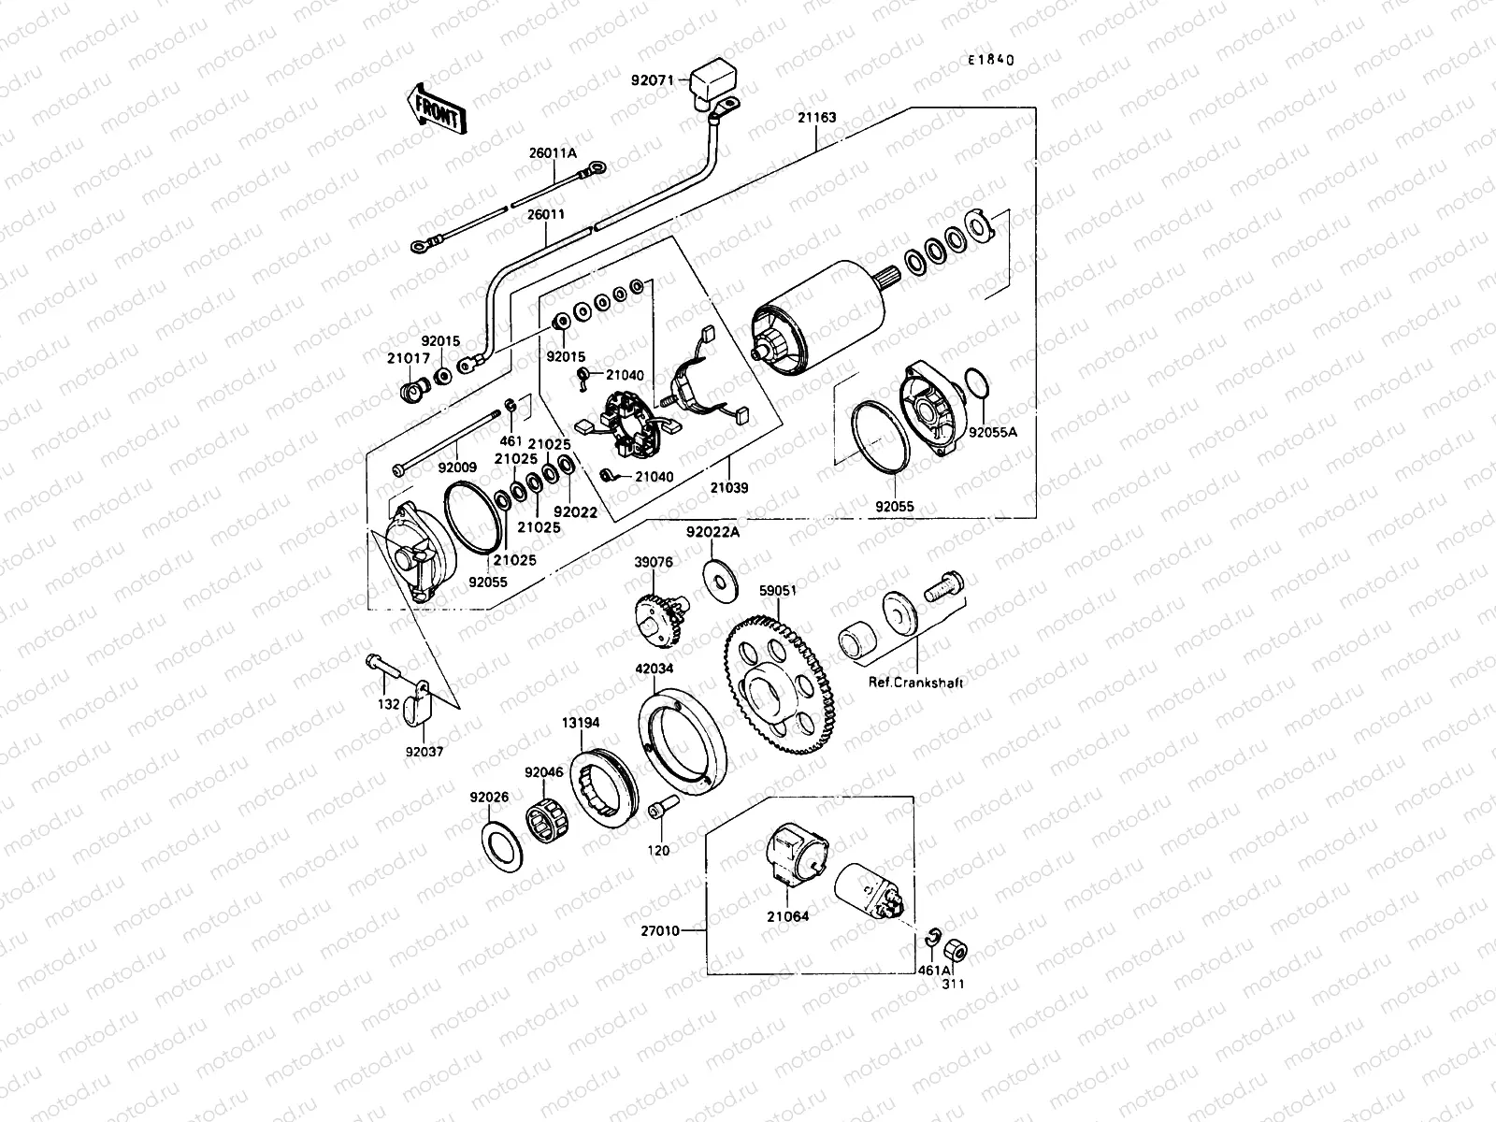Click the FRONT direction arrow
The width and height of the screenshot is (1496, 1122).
tap(437, 112)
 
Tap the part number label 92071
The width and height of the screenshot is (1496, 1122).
tap(654, 81)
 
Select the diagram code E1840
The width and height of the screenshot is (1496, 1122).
tap(990, 60)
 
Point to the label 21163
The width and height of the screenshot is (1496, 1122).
tap(816, 119)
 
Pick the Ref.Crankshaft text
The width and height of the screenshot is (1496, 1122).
tap(915, 683)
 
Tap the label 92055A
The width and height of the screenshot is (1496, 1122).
tap(991, 433)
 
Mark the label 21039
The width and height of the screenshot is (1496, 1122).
tap(728, 487)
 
